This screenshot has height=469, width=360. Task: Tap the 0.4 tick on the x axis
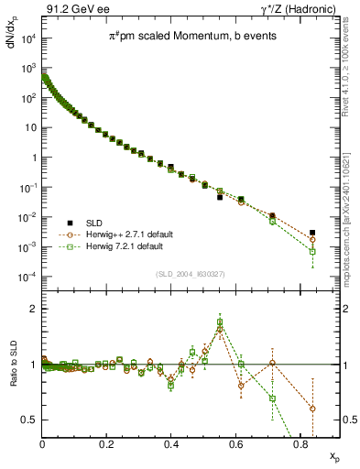171,447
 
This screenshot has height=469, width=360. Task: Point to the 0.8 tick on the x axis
300,447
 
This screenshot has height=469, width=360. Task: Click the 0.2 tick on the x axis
107,447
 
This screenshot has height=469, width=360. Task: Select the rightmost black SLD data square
312,233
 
